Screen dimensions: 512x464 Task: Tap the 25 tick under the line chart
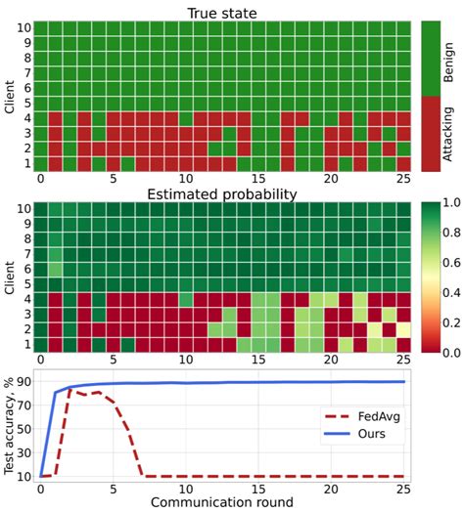pyautogui.click(x=401, y=488)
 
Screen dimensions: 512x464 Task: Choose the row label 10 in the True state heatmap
pyautogui.click(x=23, y=28)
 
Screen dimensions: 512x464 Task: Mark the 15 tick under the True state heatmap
pyautogui.click(x=257, y=180)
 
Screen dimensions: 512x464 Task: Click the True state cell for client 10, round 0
pyautogui.click(x=41, y=28)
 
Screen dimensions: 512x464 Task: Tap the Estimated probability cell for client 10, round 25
pyautogui.click(x=402, y=209)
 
